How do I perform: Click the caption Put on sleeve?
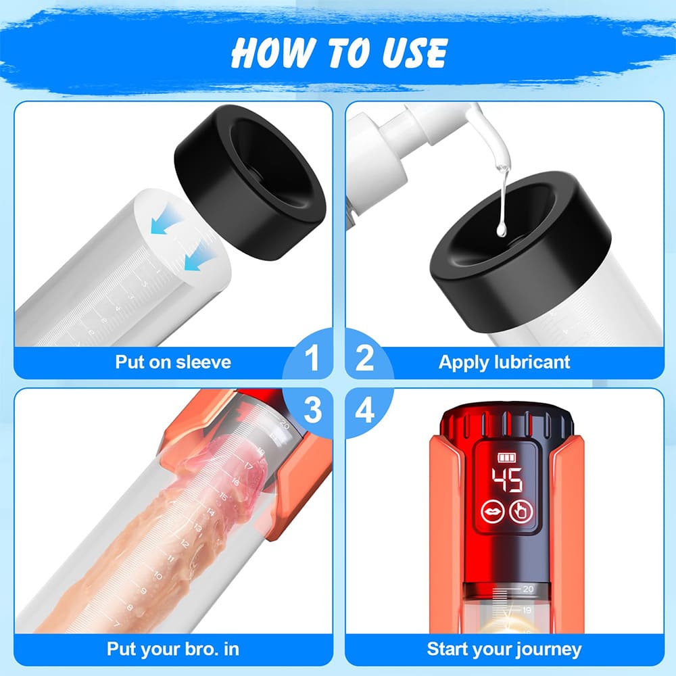coord(172,362)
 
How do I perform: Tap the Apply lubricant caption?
coord(504,362)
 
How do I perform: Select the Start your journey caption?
coord(504,650)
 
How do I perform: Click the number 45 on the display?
coord(506,481)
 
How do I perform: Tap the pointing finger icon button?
coord(522,512)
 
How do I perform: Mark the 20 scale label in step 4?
coord(528,589)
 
